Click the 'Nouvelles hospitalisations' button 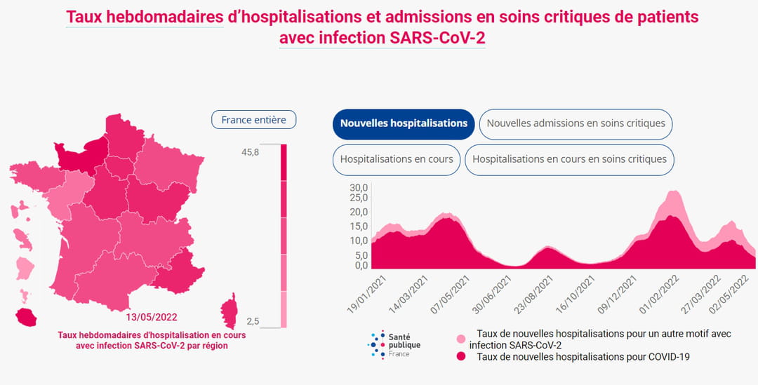(404, 123)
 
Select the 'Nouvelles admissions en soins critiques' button (576, 123)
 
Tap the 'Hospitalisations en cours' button (397, 159)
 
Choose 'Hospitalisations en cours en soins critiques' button (569, 159)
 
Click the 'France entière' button (253, 120)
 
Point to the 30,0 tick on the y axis (359, 188)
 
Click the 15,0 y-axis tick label (359, 227)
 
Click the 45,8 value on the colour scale (250, 152)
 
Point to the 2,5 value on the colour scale (253, 321)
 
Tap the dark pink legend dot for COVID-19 (461, 357)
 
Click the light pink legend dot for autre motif (461, 339)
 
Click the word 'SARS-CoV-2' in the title (437, 38)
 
